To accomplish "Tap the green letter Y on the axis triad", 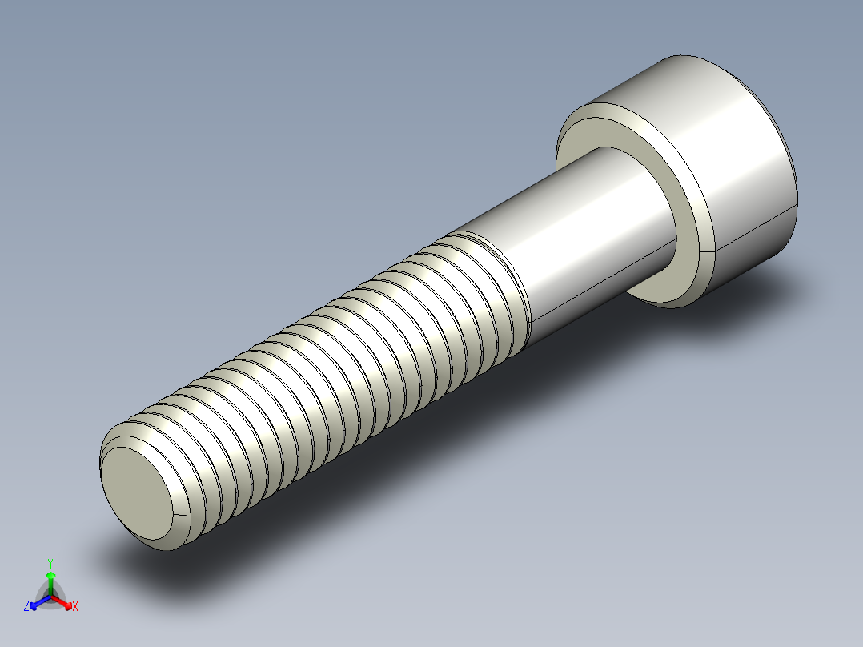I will [x=50, y=562].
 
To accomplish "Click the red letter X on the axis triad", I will [x=74, y=607].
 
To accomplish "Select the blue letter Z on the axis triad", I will [x=26, y=607].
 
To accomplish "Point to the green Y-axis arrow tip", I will [x=50, y=576].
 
